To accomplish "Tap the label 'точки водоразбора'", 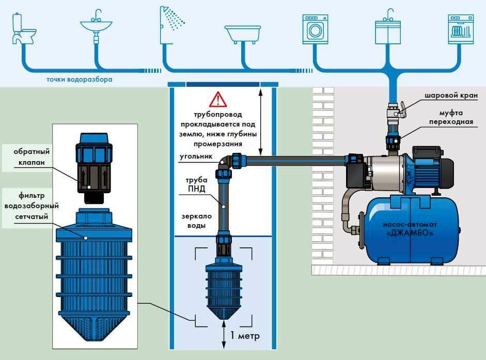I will (x=79, y=80).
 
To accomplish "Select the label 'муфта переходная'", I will (x=454, y=118).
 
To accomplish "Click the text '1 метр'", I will (x=245, y=336).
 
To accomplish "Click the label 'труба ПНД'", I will (x=196, y=184).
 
